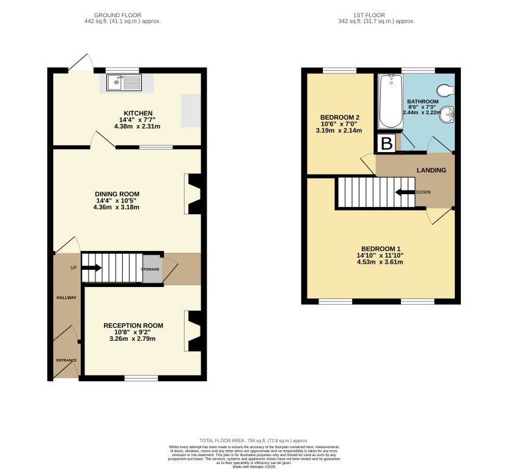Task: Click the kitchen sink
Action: [x=123, y=82]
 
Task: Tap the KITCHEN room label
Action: [x=137, y=114]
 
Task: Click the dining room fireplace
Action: [x=193, y=194]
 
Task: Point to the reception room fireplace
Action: [x=193, y=332]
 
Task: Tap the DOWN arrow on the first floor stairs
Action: [x=404, y=192]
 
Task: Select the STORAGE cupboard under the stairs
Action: [x=152, y=269]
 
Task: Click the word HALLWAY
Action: [x=67, y=298]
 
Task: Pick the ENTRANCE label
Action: [x=67, y=360]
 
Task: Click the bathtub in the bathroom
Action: [x=389, y=101]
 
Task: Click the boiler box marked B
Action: [x=386, y=144]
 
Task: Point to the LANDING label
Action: [x=431, y=170]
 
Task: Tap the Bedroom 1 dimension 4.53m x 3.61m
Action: [x=381, y=262]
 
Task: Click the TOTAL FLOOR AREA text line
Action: [x=254, y=440]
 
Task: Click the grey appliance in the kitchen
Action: [x=190, y=111]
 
